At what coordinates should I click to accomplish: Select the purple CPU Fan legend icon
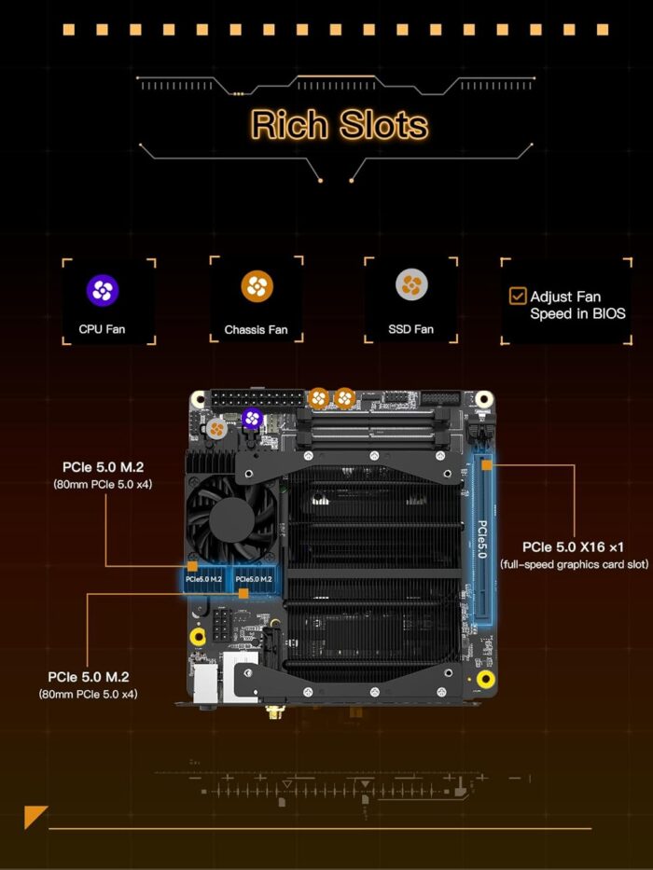click(x=103, y=290)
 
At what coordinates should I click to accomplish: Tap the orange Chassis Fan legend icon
click(x=257, y=286)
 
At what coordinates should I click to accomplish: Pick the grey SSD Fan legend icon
click(x=411, y=284)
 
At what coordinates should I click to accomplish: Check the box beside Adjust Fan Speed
click(x=518, y=296)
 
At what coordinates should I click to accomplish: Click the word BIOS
click(x=609, y=313)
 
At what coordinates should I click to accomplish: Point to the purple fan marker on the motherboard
click(x=252, y=419)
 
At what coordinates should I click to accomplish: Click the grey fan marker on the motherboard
click(x=216, y=428)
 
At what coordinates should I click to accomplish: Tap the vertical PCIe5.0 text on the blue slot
click(x=482, y=539)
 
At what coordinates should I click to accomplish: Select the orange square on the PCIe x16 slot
click(x=486, y=465)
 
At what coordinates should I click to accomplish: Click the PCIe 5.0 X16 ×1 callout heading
click(x=573, y=547)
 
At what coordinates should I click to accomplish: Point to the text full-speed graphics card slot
click(x=574, y=564)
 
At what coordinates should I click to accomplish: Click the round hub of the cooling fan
click(x=231, y=520)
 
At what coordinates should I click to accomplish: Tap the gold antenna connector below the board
click(x=273, y=711)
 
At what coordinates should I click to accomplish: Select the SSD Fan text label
click(x=410, y=329)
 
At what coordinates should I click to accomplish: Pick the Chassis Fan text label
click(x=256, y=329)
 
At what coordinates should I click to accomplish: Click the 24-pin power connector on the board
click(x=257, y=398)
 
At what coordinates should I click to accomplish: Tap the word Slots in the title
click(x=383, y=124)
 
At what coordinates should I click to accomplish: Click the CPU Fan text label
click(x=103, y=329)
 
